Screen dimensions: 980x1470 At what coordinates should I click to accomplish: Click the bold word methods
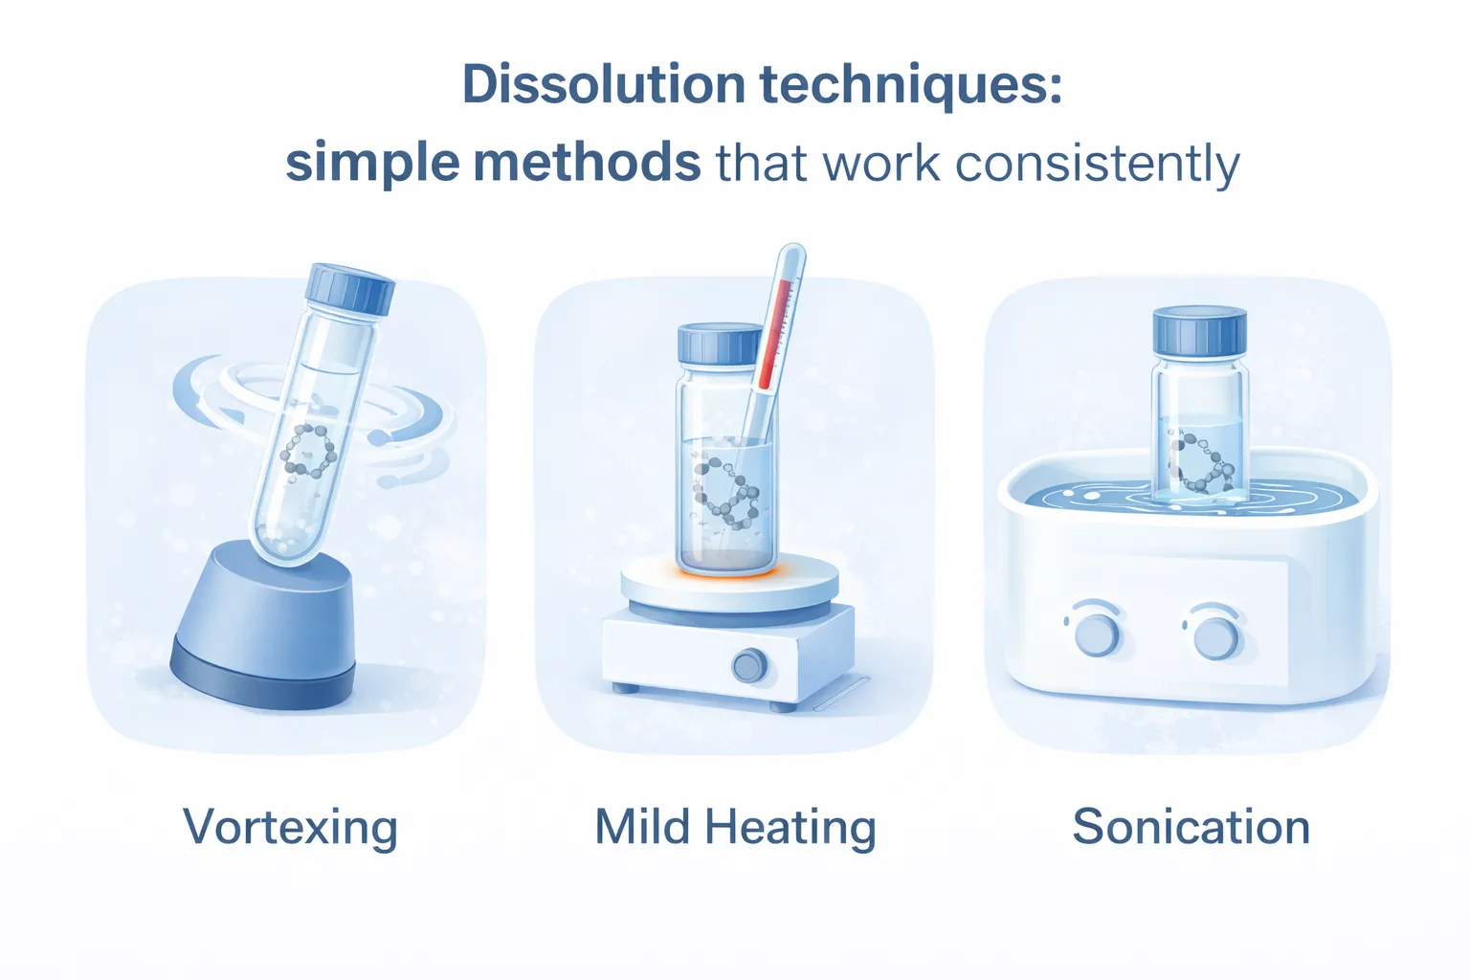pos(587,163)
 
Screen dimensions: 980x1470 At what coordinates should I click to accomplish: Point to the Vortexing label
pos(290,828)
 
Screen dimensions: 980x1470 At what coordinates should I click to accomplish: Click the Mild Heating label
pos(735,828)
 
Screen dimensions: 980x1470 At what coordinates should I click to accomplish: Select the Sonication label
pos(1191,827)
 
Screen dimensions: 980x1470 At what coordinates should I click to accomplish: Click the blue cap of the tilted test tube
pos(349,289)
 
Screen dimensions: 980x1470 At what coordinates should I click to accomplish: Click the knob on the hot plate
pos(748,665)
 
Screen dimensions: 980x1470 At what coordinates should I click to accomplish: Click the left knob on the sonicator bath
pos(1097,635)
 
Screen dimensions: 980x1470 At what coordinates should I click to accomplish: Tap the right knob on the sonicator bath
pos(1215,636)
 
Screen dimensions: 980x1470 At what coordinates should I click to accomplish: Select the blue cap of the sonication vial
pos(1199,331)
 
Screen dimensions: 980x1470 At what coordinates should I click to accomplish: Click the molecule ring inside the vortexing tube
pos(308,450)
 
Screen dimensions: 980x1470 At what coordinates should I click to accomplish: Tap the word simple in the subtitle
pos(373,165)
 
